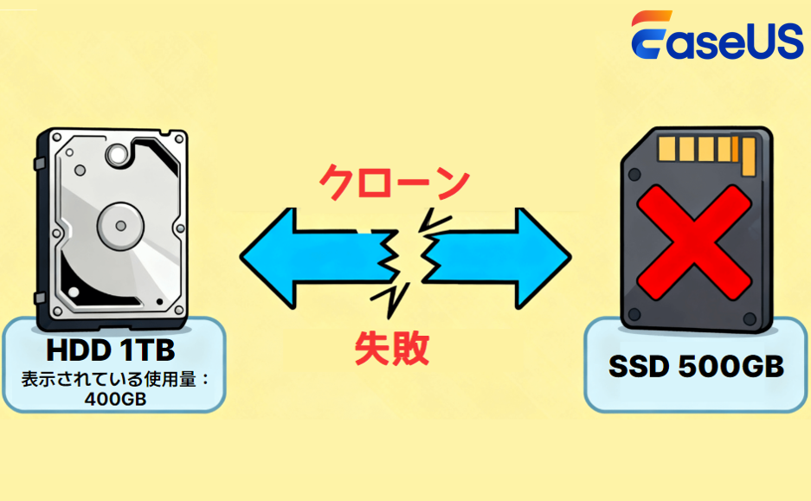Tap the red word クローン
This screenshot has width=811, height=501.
[x=394, y=183]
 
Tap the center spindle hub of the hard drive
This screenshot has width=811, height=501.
[x=116, y=224]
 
